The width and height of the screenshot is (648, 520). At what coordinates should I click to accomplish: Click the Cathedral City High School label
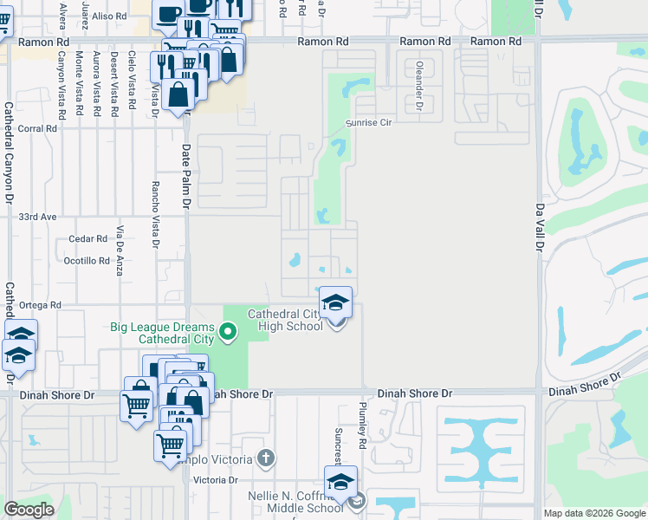pos(285,320)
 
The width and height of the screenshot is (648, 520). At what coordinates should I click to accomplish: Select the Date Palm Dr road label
pos(185,177)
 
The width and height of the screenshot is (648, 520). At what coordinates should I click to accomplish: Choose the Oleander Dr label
pos(418,79)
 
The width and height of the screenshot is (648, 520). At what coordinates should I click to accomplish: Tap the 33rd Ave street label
pos(37,217)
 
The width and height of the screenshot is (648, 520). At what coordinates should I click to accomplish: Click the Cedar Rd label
pos(89,239)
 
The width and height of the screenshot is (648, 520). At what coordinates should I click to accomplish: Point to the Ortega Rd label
pos(42,305)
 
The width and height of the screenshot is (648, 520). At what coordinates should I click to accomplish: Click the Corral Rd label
pos(37,128)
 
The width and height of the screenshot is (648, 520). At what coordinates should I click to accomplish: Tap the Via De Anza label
pos(120,250)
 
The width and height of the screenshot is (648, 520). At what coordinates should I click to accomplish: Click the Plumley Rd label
pos(363,424)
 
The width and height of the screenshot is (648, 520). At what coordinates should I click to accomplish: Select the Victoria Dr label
pos(216,480)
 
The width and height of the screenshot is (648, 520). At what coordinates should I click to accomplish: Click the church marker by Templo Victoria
pos(267,457)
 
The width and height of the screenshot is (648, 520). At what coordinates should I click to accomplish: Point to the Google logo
pos(29,510)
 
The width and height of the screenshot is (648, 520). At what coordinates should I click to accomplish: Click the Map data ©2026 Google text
pos(594,513)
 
